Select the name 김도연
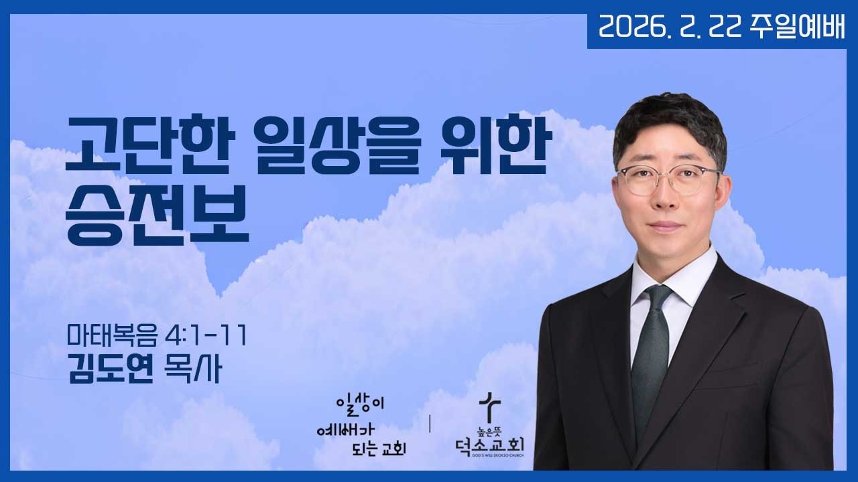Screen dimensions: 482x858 coord(111,369)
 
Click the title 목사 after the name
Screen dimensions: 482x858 coord(192,369)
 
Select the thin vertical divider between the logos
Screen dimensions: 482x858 coord(429,424)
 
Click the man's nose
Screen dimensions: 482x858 coord(666,199)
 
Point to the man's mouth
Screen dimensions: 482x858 coord(666,225)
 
